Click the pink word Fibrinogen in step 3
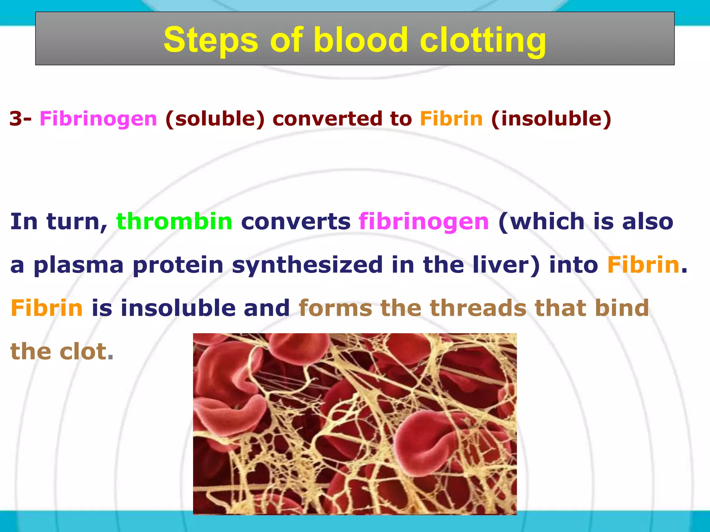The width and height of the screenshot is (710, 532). pos(98,119)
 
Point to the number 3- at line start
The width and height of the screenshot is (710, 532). pos(20,119)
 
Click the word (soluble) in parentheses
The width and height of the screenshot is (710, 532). pos(215,119)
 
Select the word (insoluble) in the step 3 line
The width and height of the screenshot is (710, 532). pos(551,119)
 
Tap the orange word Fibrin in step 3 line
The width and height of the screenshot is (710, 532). pos(451,119)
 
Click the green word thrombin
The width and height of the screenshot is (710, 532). pos(174,222)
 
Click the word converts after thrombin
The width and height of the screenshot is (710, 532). pos(296,222)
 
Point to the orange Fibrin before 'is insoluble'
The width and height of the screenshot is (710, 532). pos(46,308)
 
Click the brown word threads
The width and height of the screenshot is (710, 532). pos(478,308)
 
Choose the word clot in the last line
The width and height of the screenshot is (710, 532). pos(83,352)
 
